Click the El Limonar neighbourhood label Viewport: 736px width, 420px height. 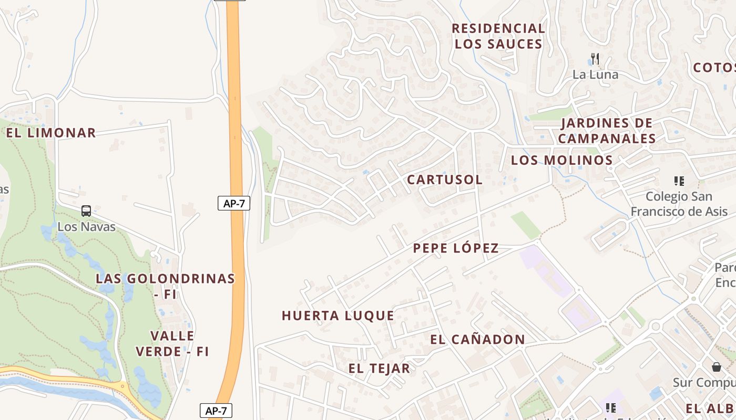click(51, 133)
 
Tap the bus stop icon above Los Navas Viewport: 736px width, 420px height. click(86, 211)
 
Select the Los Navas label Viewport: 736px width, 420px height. click(86, 227)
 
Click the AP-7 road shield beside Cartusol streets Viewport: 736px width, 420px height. click(234, 203)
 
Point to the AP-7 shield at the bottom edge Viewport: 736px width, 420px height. click(216, 411)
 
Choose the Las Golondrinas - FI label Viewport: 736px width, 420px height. click(165, 286)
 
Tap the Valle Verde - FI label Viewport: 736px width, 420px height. click(172, 343)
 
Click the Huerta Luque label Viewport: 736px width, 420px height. click(338, 316)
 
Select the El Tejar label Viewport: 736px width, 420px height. click(379, 368)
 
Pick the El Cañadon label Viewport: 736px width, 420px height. click(477, 340)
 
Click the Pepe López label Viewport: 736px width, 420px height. click(456, 248)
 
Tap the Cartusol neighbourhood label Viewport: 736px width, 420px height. click(445, 180)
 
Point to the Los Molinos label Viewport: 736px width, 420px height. click(562, 160)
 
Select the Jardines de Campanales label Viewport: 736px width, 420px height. click(607, 131)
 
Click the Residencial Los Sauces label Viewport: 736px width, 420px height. click(498, 36)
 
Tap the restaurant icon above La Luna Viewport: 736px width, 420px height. click(595, 58)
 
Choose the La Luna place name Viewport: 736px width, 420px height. click(595, 75)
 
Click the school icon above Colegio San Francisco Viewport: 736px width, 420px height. click(679, 181)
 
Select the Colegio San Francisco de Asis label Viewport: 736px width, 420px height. click(679, 204)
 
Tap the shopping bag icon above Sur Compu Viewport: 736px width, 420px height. click(716, 366)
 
